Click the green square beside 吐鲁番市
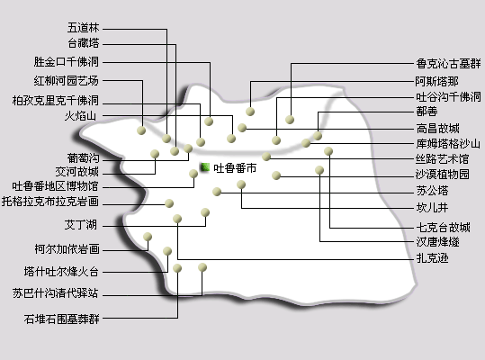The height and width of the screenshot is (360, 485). click(x=205, y=167)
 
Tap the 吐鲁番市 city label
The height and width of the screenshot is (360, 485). click(x=235, y=168)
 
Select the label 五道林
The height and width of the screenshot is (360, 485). click(x=84, y=28)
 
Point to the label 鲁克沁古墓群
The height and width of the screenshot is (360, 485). click(x=448, y=64)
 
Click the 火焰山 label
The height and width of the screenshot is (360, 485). click(x=80, y=116)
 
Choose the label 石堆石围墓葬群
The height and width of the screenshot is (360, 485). click(x=62, y=319)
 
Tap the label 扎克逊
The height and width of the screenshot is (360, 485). click(x=432, y=257)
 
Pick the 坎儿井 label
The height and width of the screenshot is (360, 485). click(x=432, y=207)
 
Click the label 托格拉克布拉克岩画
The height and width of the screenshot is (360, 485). click(x=50, y=202)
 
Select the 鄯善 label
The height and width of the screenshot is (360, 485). click(x=427, y=112)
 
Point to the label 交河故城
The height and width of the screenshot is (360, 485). click(x=77, y=172)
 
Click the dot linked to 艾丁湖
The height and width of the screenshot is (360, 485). click(x=205, y=212)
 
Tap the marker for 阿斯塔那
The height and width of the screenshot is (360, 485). click(x=250, y=112)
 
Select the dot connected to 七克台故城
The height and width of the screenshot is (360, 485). click(x=328, y=151)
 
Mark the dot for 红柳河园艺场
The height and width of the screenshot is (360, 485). click(x=141, y=130)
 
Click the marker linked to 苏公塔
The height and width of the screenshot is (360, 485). click(x=217, y=192)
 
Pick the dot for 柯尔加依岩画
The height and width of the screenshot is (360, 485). click(x=148, y=237)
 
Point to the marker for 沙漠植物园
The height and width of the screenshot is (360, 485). click(x=276, y=175)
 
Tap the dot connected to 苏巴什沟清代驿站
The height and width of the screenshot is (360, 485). click(x=202, y=267)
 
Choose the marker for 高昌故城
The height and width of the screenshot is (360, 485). click(x=242, y=128)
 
